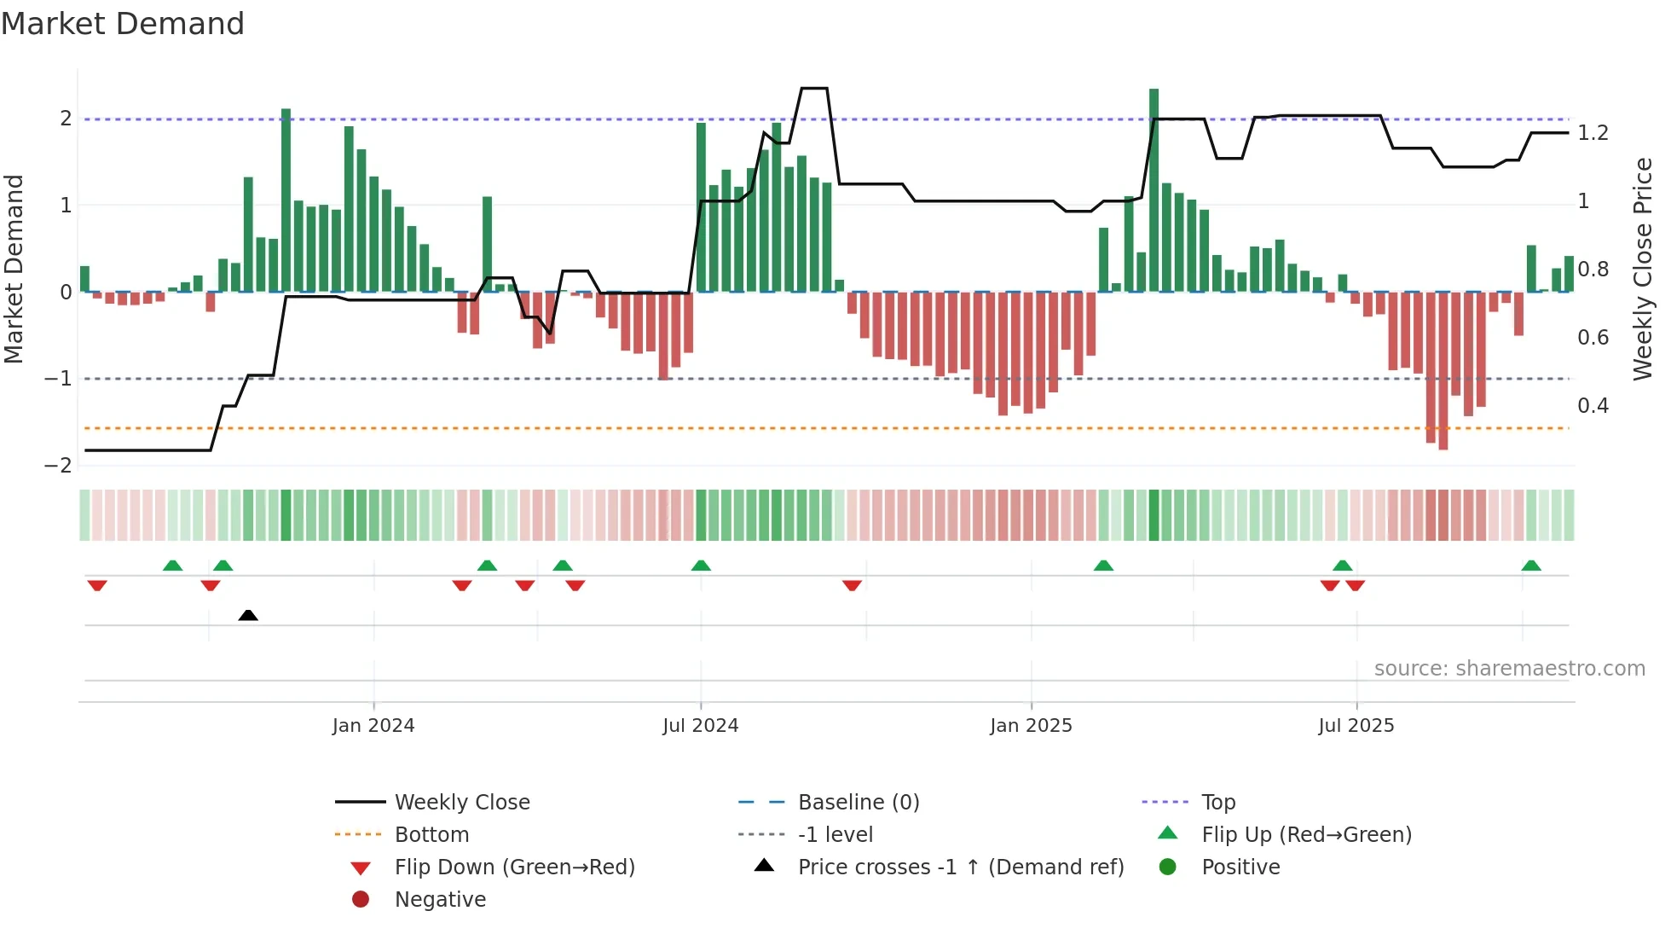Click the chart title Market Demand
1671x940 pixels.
tap(123, 24)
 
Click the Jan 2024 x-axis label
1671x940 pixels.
tap(373, 725)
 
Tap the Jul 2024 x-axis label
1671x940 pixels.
tap(700, 725)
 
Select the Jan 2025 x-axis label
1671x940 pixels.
tap(1031, 725)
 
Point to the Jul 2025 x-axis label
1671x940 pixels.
tap(1356, 725)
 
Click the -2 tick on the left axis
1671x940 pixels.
tap(58, 466)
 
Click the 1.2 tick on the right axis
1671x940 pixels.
tap(1593, 133)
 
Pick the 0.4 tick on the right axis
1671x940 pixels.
tap(1593, 406)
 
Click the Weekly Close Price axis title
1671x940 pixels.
tap(1643, 269)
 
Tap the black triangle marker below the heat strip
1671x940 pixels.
tap(248, 616)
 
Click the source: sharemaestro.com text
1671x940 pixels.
tap(1509, 669)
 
